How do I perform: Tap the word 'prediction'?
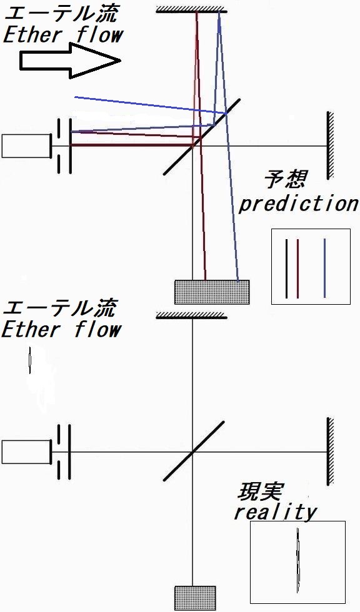tap(298, 204)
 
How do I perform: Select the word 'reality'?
tap(275, 511)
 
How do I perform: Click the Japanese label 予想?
tap(285, 179)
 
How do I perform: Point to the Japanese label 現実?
tap(259, 492)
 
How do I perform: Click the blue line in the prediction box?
tap(324, 268)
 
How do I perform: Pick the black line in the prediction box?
tap(287, 269)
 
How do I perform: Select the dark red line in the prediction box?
tap(297, 269)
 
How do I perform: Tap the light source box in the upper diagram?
tap(26, 146)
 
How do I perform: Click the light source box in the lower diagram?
tap(26, 452)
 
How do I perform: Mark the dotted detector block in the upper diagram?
tap(212, 292)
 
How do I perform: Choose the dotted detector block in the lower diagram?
tap(195, 598)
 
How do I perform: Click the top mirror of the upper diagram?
tap(191, 9)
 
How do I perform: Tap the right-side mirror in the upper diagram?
tap(330, 146)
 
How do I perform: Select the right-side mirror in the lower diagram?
tap(330, 452)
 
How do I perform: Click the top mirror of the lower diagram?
tap(191, 315)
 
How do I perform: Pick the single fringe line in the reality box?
tap(298, 561)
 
